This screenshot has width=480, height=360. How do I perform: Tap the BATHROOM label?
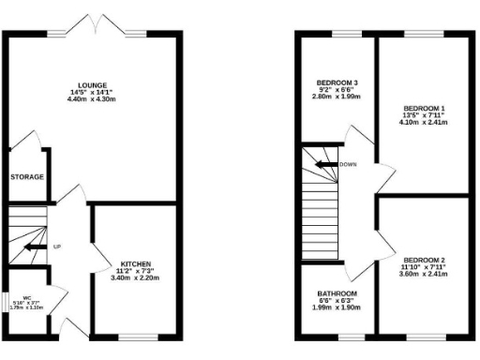(336, 293)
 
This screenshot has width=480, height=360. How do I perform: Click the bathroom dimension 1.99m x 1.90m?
(336, 308)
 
